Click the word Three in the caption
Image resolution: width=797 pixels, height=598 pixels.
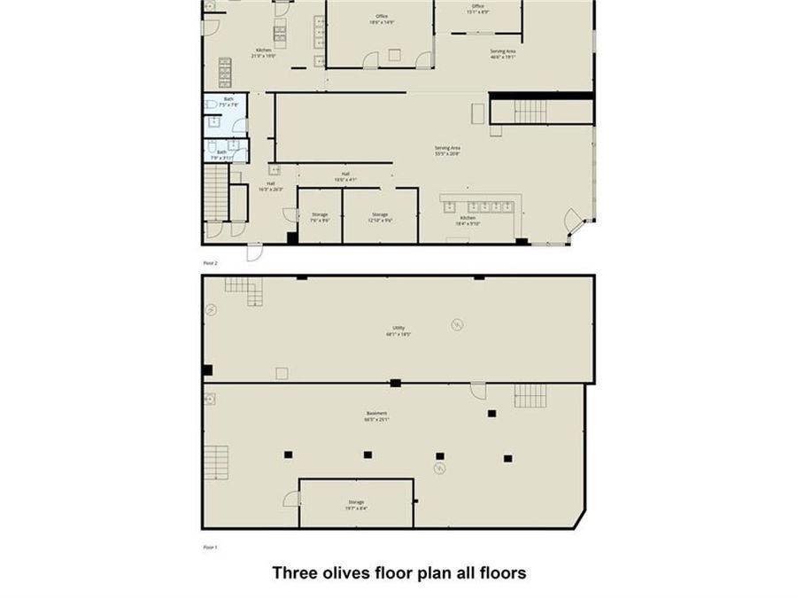coord(293,573)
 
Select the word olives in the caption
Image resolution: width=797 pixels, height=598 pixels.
coord(347,573)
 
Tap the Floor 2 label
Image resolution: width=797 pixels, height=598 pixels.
coord(210,263)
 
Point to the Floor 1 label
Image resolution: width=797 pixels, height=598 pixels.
coord(210,548)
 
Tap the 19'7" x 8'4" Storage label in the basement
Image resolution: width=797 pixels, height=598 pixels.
coord(356,505)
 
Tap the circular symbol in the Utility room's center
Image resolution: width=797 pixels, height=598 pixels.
coord(457,324)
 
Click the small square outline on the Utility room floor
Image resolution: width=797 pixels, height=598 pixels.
coord(282,373)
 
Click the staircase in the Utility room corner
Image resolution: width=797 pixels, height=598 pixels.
coord(243,290)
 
